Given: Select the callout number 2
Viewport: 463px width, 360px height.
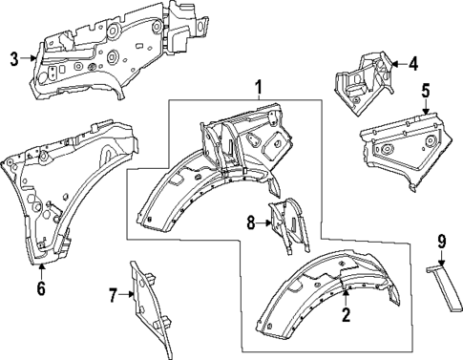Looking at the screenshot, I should [x=346, y=313].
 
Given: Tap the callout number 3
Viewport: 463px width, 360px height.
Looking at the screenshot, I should [x=14, y=59].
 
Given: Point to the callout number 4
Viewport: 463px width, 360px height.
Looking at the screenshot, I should [x=413, y=64].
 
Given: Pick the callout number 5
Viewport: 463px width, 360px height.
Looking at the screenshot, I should [x=427, y=93].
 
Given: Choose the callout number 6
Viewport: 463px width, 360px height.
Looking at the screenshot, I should [x=40, y=287].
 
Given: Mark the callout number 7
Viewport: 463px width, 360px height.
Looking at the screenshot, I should [x=112, y=296].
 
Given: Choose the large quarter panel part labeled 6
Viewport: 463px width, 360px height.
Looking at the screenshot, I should [x=57, y=186].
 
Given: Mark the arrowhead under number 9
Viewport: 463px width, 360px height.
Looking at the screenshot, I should [x=442, y=265].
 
